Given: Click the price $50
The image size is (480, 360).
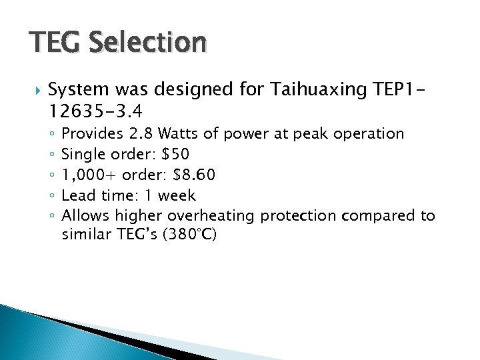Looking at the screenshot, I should [175, 154].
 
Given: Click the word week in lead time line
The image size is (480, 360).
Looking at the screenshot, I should [177, 195].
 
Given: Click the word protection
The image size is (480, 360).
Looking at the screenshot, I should [298, 216].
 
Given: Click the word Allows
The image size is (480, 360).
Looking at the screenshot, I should [85, 216].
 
